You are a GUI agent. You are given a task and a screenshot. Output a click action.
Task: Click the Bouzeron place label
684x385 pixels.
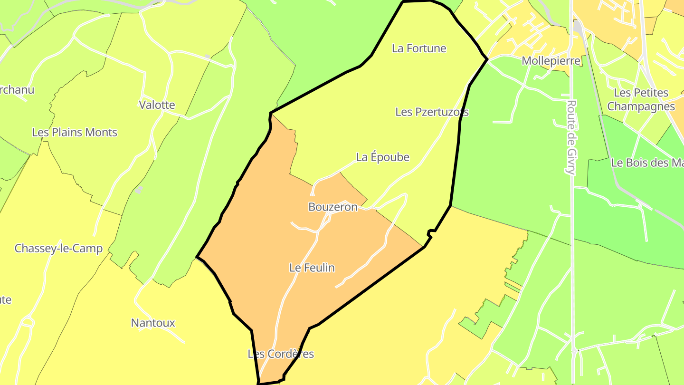tap(332, 207)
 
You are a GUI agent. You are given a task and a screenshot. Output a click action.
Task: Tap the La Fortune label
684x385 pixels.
tap(419, 48)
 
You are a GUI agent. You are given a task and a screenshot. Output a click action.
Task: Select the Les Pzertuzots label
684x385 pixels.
tap(432, 112)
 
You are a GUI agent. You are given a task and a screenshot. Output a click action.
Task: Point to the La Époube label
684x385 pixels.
tap(382, 157)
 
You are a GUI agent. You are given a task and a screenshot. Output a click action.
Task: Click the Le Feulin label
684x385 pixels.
tap(312, 268)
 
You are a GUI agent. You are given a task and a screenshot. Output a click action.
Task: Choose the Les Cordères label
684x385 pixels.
tap(281, 354)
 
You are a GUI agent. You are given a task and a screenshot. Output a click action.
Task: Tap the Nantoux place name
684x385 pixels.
tap(153, 323)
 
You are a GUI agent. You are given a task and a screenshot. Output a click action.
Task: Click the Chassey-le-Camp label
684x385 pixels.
tap(58, 249)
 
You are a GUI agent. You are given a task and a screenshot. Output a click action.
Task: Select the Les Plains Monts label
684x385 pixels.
tap(75, 133)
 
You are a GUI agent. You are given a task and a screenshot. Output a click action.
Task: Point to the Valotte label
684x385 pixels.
tap(157, 105)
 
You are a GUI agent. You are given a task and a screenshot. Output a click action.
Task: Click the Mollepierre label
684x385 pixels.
tap(551, 61)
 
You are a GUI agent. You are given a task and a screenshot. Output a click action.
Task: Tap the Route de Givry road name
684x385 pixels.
tap(571, 137)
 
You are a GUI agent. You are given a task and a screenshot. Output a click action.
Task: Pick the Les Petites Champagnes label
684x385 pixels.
tap(641, 99)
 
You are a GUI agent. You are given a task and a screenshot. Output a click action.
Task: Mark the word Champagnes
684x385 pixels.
tap(641, 106)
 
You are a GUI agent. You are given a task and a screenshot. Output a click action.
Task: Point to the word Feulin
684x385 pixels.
tap(319, 268)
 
